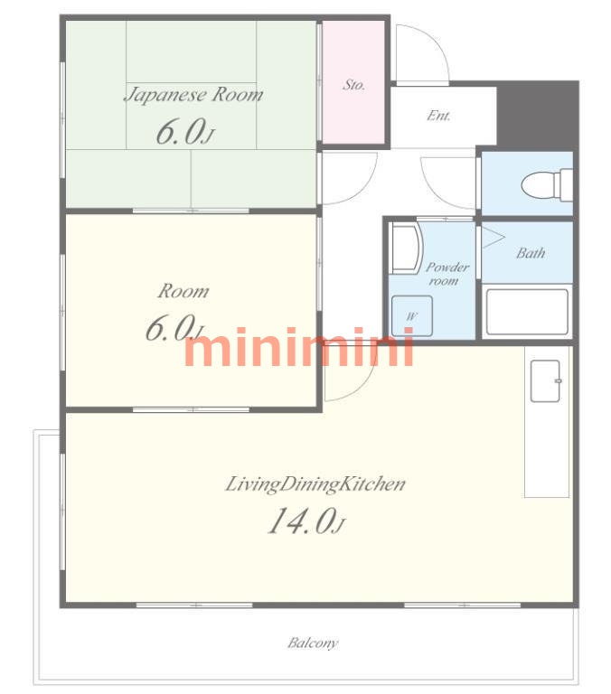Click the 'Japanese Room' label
pyautogui.click(x=193, y=95)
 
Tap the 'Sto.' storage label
pyautogui.click(x=353, y=85)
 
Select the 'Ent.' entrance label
pyautogui.click(x=438, y=116)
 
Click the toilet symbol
pyautogui.click(x=547, y=184)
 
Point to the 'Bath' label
pyautogui.click(x=531, y=253)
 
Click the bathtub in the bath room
pyautogui.click(x=527, y=312)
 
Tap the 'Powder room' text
pyautogui.click(x=446, y=274)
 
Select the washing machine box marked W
pyautogui.click(x=412, y=316)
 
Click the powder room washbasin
pyautogui.click(x=407, y=249)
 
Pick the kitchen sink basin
pyautogui.click(x=546, y=381)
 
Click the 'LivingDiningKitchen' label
pyautogui.click(x=315, y=483)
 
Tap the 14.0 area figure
pyautogui.click(x=305, y=520)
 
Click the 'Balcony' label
pyautogui.click(x=313, y=642)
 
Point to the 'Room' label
pyautogui.click(x=183, y=291)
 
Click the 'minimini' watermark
pyautogui.click(x=299, y=347)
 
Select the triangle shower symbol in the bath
pyautogui.click(x=493, y=238)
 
